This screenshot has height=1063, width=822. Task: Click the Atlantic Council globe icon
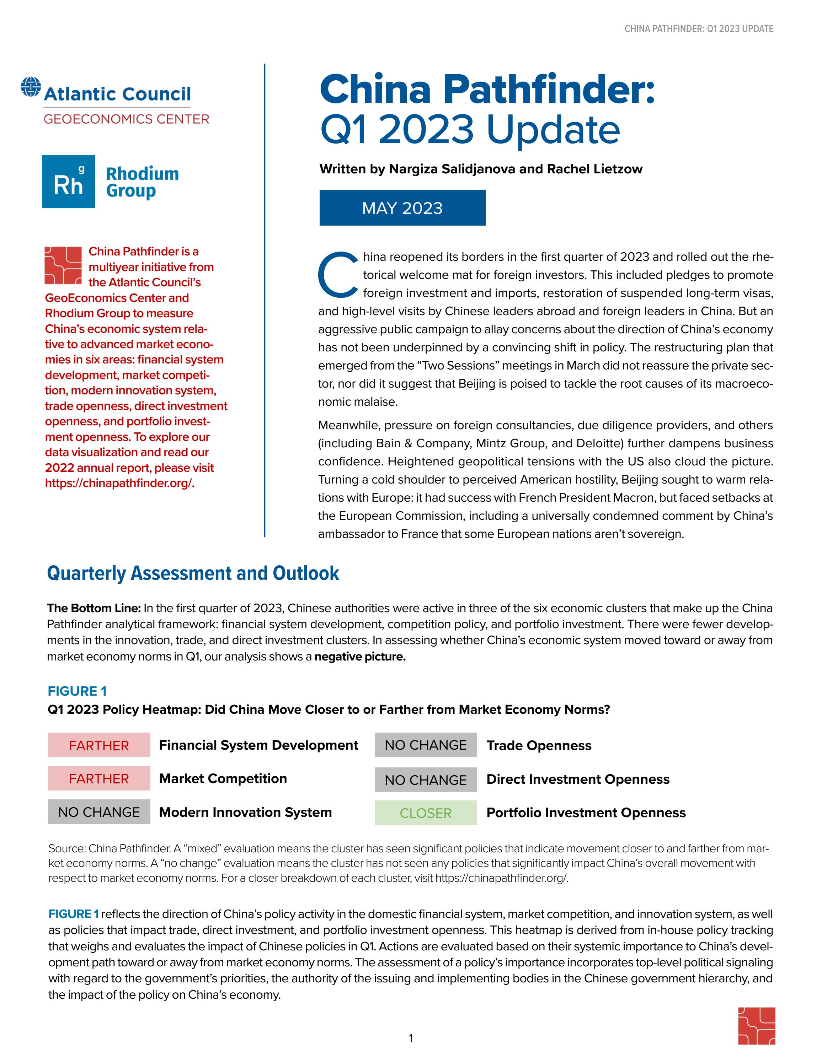tap(31, 87)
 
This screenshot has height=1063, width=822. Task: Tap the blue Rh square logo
tap(68, 182)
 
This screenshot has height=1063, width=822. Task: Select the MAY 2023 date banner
tap(402, 208)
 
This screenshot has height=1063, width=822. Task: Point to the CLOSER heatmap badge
tap(426, 813)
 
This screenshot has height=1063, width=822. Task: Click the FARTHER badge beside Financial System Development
tap(99, 745)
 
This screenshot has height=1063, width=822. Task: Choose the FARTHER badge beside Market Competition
tap(99, 778)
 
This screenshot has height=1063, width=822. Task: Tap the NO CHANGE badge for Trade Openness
tap(426, 745)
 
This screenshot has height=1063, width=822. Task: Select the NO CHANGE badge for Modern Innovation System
tap(99, 812)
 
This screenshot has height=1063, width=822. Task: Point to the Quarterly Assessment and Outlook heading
tap(193, 573)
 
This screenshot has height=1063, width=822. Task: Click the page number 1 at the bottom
tap(411, 1038)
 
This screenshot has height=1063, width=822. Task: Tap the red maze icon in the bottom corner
tap(756, 1026)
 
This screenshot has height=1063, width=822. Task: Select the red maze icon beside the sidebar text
tap(63, 265)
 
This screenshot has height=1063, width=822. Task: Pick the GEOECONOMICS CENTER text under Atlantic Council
tap(127, 119)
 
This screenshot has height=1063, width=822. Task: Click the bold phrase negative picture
tap(360, 657)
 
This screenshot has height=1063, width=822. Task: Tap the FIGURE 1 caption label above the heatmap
tap(77, 691)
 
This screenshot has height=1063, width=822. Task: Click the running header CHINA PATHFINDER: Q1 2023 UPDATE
tap(699, 29)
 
